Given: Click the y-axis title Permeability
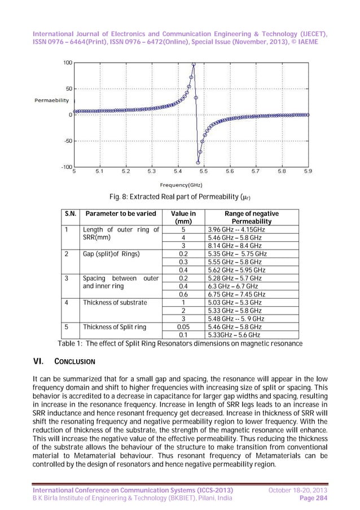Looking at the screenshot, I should point(52,101).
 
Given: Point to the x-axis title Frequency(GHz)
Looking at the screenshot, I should point(181,185).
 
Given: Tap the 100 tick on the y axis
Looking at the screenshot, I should point(67,63).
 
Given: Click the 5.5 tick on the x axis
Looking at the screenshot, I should point(204,171).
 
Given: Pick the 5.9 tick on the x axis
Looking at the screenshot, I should point(308,171).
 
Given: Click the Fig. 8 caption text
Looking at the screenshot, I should point(179,197).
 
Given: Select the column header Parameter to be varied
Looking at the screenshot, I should point(120,214).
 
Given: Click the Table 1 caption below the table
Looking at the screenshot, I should point(181,343).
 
